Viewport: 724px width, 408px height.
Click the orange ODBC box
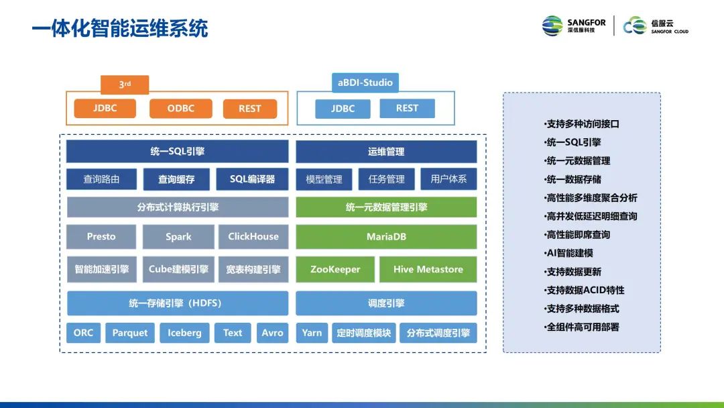[180, 109]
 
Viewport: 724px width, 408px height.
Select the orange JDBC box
[105, 109]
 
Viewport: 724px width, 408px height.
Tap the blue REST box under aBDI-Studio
[407, 108]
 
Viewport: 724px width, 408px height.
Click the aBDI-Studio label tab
[365, 83]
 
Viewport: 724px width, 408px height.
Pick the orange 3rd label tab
[125, 85]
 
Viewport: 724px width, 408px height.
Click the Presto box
[101, 237]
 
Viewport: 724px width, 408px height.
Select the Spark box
[178, 237]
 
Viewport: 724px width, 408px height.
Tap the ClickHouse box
[253, 237]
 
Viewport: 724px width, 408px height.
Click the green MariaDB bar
[386, 237]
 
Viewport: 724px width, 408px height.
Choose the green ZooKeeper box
[335, 270]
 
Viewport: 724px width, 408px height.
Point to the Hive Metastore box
[428, 270]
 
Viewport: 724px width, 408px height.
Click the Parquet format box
[130, 333]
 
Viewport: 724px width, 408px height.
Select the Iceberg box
[184, 333]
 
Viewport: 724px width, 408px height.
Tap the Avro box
[272, 333]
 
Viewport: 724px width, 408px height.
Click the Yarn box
[312, 333]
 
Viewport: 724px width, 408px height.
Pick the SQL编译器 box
[252, 179]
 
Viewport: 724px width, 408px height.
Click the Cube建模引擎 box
[178, 270]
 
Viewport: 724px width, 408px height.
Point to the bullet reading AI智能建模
[569, 253]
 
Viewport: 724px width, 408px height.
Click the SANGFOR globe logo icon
[552, 25]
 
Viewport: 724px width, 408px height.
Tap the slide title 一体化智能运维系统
[120, 28]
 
